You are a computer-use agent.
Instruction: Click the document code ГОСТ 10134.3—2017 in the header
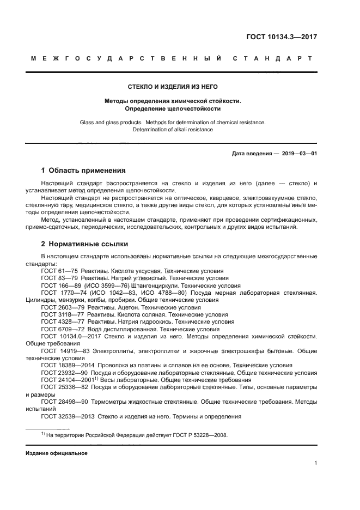click(x=280, y=38)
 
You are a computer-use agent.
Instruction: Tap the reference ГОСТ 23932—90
click(x=64, y=373)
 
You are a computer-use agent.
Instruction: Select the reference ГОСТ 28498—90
click(x=64, y=402)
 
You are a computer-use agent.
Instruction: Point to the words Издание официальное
click(x=57, y=453)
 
